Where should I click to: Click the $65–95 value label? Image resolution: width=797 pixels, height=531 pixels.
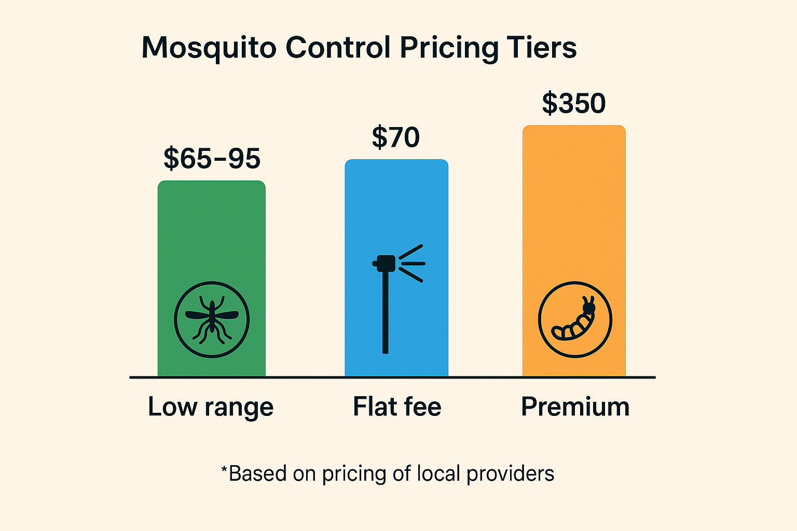pyautogui.click(x=212, y=159)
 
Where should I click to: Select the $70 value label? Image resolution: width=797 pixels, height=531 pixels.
pyautogui.click(x=396, y=137)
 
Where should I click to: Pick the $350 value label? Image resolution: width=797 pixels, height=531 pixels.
pyautogui.click(x=574, y=103)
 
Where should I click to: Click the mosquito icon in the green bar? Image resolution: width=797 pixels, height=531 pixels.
pyautogui.click(x=212, y=319)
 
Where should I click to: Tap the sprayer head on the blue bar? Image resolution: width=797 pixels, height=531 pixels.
pyautogui.click(x=385, y=263)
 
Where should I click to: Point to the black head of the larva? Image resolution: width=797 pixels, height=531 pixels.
pyautogui.click(x=589, y=309)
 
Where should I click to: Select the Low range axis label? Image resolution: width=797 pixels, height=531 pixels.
pyautogui.click(x=211, y=407)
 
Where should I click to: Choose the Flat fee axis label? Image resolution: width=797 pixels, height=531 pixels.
pyautogui.click(x=397, y=407)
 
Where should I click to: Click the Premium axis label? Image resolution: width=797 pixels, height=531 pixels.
pyautogui.click(x=575, y=407)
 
